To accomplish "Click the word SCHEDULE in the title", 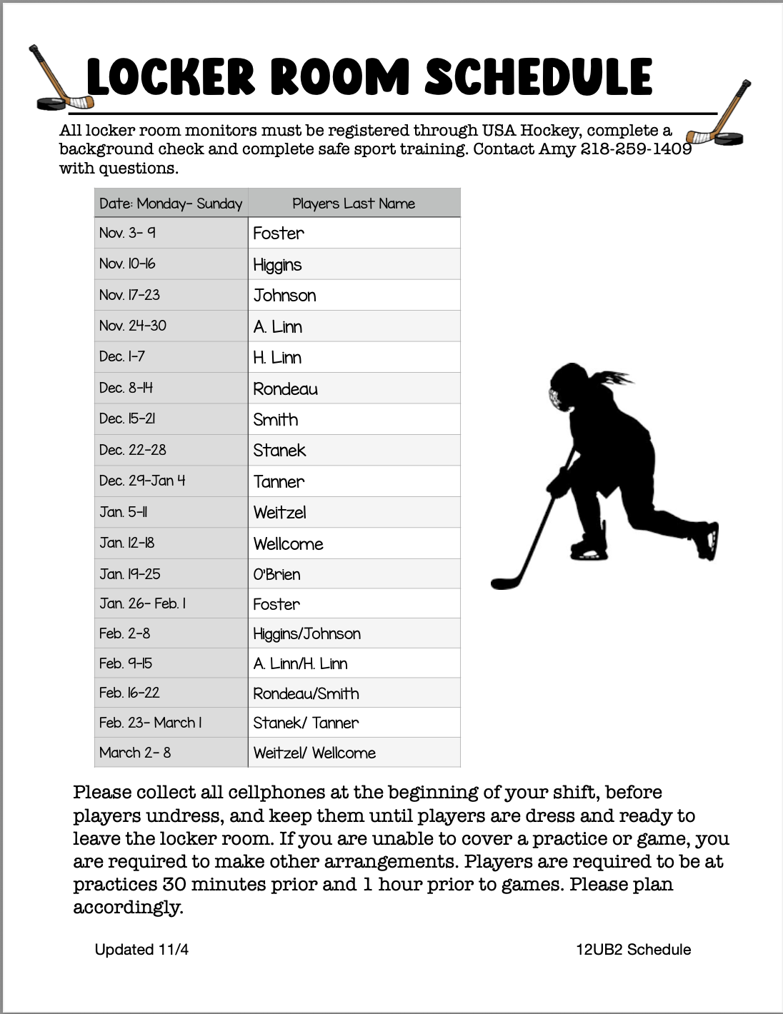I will [538, 77].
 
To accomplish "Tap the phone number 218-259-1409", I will [636, 149].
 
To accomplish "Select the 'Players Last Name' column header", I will [354, 204].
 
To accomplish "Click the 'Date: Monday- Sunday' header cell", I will [171, 204].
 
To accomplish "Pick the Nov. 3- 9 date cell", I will [128, 233].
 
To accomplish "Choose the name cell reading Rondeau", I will [286, 389].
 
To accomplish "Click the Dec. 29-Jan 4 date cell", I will [142, 481].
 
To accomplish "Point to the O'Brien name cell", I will [277, 574].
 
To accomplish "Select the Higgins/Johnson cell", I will [307, 633].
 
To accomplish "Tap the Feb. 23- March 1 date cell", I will [150, 723].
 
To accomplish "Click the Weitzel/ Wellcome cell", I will [314, 753].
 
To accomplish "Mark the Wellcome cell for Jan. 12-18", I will [289, 543].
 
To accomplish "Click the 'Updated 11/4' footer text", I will [141, 950].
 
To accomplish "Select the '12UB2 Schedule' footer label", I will [633, 950].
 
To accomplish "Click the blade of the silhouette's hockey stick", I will [503, 582].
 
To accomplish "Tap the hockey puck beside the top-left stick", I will [50, 104].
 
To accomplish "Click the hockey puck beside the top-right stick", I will [730, 138].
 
